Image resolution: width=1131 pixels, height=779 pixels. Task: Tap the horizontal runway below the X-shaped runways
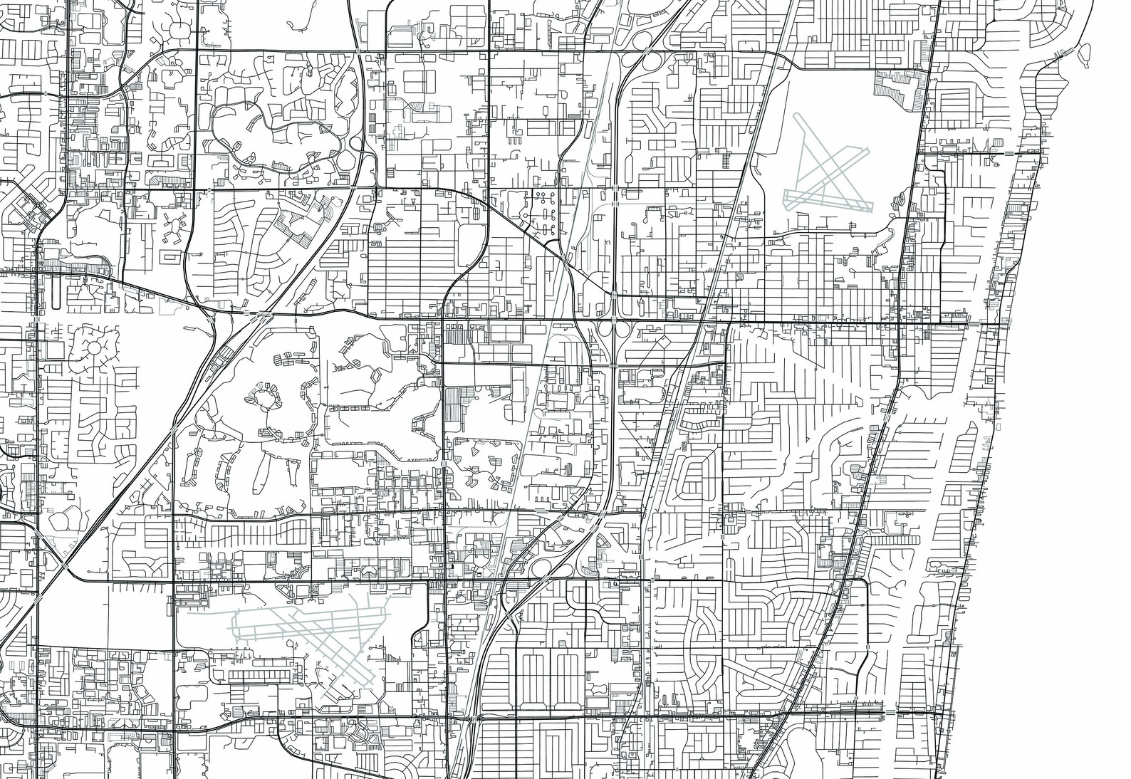[826, 202]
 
